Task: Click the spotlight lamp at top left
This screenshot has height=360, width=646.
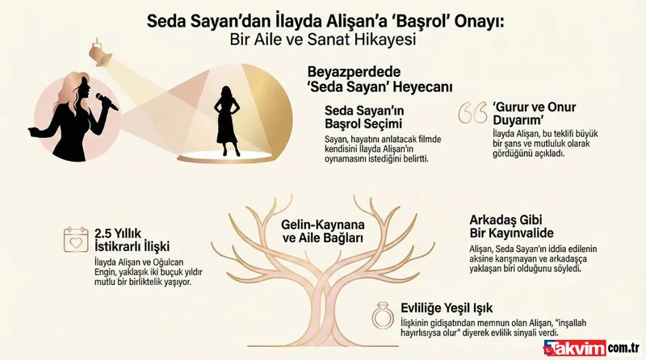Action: pos(99,53)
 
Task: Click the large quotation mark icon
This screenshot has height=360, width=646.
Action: pos(472,113)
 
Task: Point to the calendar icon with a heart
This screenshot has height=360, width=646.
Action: pos(75,240)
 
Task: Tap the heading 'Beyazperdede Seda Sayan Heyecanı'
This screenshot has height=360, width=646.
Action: pos(380,79)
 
